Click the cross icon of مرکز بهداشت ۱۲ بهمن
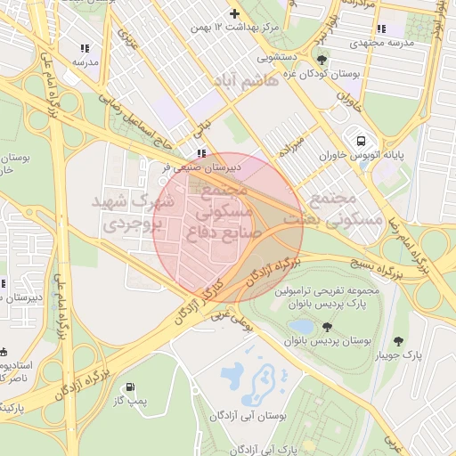tap(234, 13)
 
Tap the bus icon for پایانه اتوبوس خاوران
tap(361, 141)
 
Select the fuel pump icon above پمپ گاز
tap(132, 388)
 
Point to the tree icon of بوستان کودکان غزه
tap(322, 61)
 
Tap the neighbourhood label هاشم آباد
tap(243, 81)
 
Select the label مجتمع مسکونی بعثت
tap(342, 208)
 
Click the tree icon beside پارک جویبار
tap(397, 340)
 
